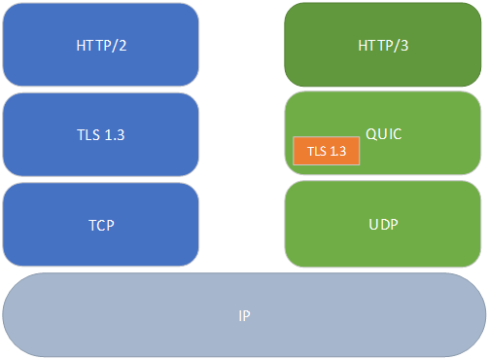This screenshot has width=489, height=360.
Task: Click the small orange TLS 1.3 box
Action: click(327, 151)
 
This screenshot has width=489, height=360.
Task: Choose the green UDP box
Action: click(383, 224)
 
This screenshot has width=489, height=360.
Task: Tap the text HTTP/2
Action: click(100, 44)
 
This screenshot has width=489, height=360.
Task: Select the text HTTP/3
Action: click(383, 45)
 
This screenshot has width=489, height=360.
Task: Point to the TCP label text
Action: click(100, 225)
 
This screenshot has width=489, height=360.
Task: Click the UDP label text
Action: click(383, 224)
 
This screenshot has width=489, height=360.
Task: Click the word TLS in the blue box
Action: click(87, 134)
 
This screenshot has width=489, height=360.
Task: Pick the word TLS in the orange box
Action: click(316, 152)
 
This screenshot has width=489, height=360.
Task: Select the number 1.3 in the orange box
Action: click(337, 152)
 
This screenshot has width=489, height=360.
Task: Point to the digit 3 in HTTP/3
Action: click(404, 45)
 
